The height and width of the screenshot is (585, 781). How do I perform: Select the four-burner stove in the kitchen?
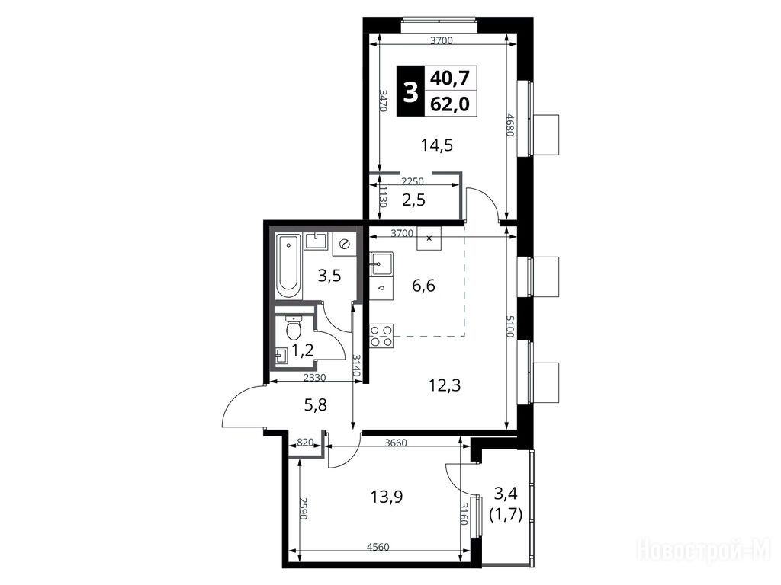click(x=381, y=335)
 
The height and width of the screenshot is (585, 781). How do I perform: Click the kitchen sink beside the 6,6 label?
click(x=381, y=264)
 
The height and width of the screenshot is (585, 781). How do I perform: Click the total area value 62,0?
click(x=450, y=104)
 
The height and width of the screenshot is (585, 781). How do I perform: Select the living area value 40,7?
click(x=450, y=78)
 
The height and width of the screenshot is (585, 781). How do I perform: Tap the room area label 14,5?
click(x=437, y=145)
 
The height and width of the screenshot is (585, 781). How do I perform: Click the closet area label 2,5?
click(x=414, y=200)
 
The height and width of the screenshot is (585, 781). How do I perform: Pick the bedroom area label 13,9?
click(x=387, y=496)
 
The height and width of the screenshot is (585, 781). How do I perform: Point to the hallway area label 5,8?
click(x=315, y=405)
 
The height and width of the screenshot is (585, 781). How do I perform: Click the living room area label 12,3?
click(x=445, y=385)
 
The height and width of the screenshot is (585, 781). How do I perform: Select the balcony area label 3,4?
click(x=506, y=493)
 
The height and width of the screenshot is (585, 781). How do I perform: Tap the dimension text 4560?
click(x=378, y=547)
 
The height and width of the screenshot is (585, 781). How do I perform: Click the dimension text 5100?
click(x=509, y=326)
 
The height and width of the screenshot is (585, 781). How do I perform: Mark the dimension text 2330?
click(x=314, y=378)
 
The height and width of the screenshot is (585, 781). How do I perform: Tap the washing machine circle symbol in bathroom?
click(x=344, y=244)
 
